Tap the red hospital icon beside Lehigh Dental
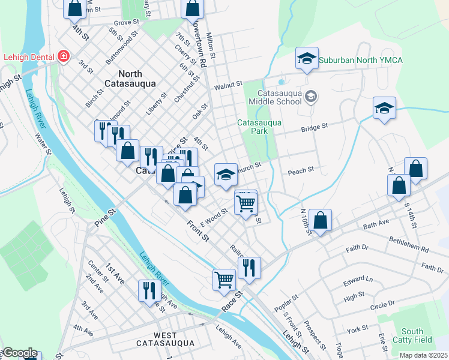tap(62, 57)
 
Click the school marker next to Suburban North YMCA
tap(307, 59)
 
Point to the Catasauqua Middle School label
tap(279, 98)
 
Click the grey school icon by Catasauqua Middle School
tap(311, 95)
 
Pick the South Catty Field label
tap(412, 335)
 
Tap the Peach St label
tap(301, 170)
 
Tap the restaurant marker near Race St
tap(249, 267)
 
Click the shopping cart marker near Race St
tap(224, 278)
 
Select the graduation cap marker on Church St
tap(225, 175)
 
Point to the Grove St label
tap(126, 22)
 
